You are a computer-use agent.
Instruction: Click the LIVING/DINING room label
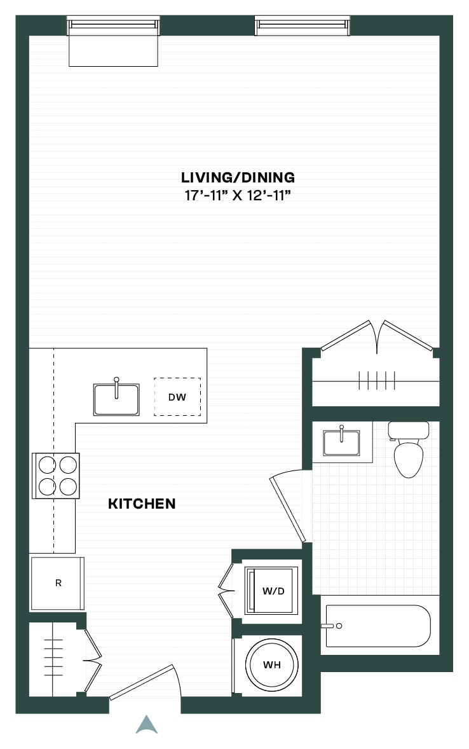pyautogui.click(x=238, y=177)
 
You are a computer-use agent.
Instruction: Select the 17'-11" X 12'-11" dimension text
pyautogui.click(x=238, y=195)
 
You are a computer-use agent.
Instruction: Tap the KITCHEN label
pyautogui.click(x=142, y=504)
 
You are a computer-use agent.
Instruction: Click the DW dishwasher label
pyautogui.click(x=177, y=397)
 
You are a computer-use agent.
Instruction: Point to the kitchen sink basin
pyautogui.click(x=116, y=399)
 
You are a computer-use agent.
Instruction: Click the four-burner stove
pyautogui.click(x=56, y=476)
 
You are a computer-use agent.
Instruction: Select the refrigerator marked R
pyautogui.click(x=57, y=583)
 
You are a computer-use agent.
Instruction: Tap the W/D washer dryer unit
pyautogui.click(x=271, y=591)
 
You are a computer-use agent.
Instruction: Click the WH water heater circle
pyautogui.click(x=272, y=664)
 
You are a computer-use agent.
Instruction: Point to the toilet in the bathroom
pyautogui.click(x=409, y=449)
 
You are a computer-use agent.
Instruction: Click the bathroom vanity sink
pyautogui.click(x=341, y=443)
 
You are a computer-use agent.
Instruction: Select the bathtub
pyautogui.click(x=378, y=626)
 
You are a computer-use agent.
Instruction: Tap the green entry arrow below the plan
pyautogui.click(x=147, y=725)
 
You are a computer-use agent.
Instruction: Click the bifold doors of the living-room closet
pyautogui.click(x=377, y=336)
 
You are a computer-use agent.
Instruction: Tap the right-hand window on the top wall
pyautogui.click(x=302, y=26)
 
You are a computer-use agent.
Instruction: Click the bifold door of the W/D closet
pyautogui.click(x=226, y=591)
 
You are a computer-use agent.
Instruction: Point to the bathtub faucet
pyautogui.click(x=331, y=626)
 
